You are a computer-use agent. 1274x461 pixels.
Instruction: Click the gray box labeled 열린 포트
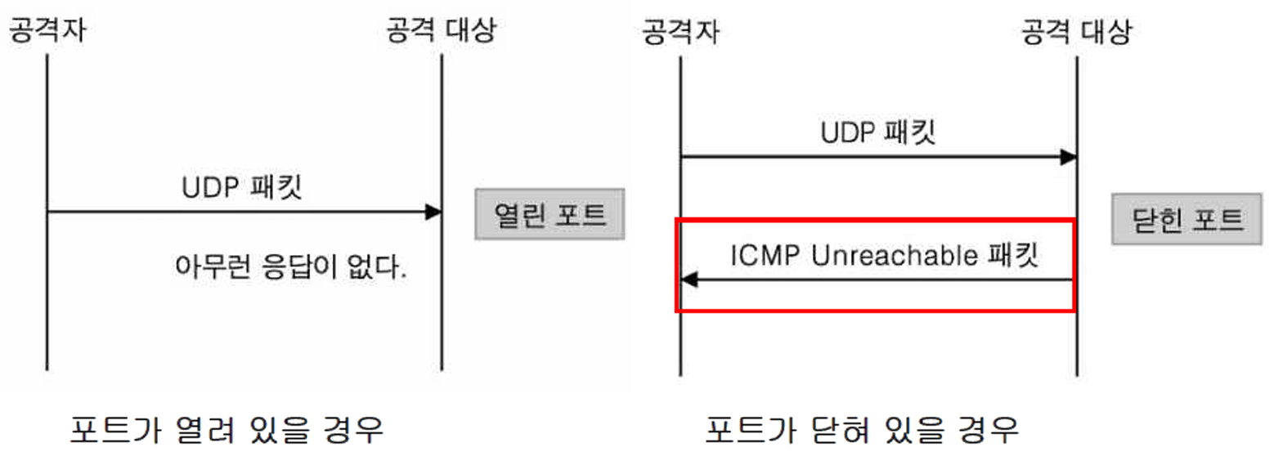point(550,215)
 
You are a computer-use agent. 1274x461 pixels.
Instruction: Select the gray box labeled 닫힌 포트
point(1186,220)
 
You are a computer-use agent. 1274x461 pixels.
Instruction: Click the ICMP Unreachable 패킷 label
point(883,256)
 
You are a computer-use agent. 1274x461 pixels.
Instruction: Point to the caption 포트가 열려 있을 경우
point(227,428)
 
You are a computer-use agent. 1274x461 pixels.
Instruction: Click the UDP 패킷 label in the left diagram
point(242,187)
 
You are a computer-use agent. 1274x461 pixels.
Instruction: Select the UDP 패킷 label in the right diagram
point(877,133)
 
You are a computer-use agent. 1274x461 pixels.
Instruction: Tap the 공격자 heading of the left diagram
point(47,31)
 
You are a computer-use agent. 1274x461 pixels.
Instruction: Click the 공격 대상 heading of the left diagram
point(441,31)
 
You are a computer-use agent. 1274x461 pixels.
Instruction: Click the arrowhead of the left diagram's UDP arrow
point(433,213)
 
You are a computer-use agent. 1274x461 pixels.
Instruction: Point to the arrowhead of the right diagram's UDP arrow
point(1068,157)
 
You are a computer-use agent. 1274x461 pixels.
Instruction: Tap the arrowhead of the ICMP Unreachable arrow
point(689,280)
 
